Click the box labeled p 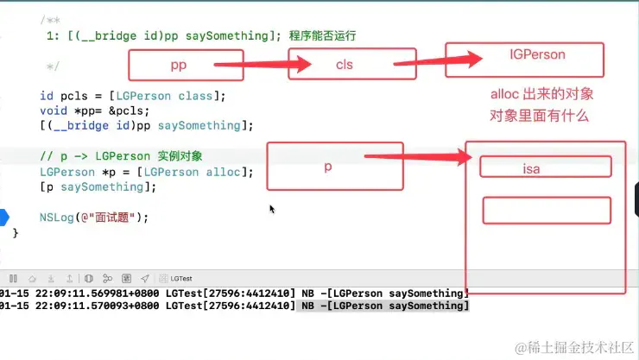coord(327,167)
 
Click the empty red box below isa coord(546,211)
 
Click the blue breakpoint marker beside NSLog coord(5,218)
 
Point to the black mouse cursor coord(272,208)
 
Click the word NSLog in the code coord(56,218)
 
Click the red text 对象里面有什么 coord(539,116)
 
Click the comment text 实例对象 coord(180,156)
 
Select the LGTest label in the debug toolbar coord(181,279)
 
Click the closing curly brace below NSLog coord(16,233)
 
